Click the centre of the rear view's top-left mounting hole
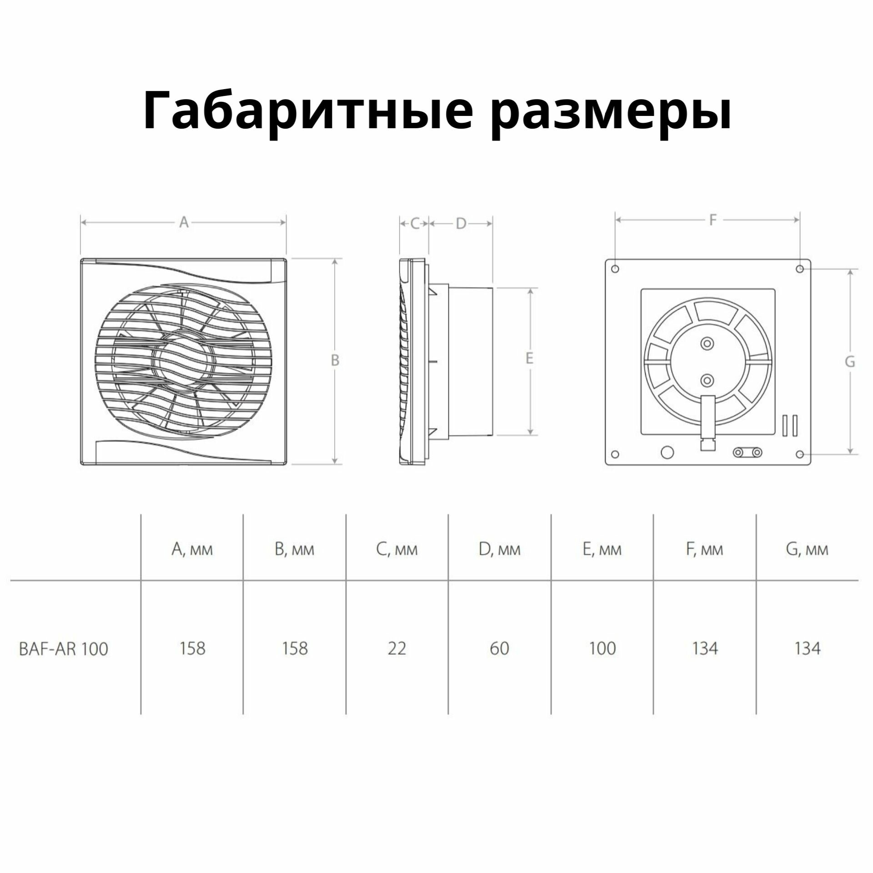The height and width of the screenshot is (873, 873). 615,269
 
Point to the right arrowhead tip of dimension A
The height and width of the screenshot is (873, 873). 286,222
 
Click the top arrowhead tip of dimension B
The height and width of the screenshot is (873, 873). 335,259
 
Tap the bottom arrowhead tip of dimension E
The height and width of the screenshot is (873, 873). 530,435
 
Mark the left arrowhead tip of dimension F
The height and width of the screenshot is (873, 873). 615,220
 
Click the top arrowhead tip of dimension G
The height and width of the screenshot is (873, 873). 851,269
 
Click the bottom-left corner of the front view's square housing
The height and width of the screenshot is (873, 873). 81,464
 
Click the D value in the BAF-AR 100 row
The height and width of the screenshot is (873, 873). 499,648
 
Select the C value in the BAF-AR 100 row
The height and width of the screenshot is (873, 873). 396,648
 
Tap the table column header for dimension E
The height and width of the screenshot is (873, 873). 602,550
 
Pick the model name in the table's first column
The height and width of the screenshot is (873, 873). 64,649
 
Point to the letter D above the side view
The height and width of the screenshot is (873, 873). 461,224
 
